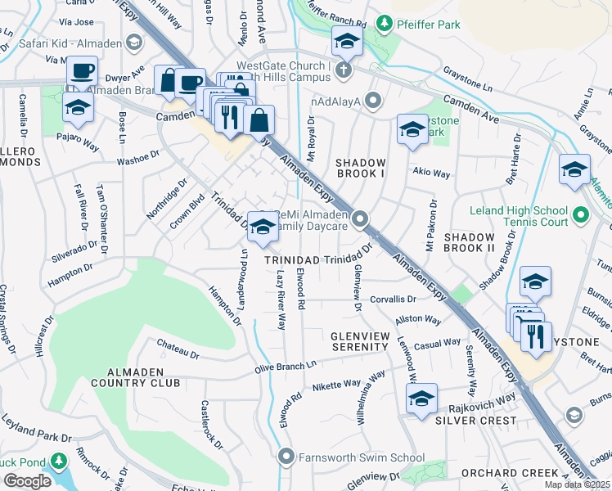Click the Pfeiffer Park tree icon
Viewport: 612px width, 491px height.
click(382, 22)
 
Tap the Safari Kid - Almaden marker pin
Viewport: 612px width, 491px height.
click(133, 43)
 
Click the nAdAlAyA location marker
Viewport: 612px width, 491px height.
click(373, 102)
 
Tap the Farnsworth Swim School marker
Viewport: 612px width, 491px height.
click(286, 456)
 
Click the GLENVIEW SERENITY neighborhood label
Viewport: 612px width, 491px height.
click(359, 341)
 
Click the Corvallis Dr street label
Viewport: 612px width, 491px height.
click(392, 300)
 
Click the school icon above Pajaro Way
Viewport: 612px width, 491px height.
click(79, 107)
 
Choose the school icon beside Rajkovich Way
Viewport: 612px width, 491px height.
click(421, 399)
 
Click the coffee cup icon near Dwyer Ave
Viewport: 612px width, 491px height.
click(81, 70)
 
